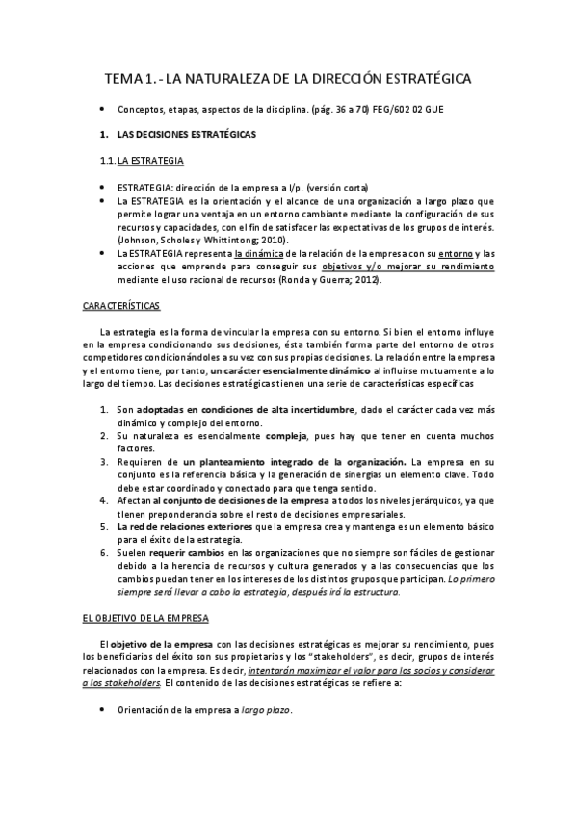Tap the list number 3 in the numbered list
[104, 462]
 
